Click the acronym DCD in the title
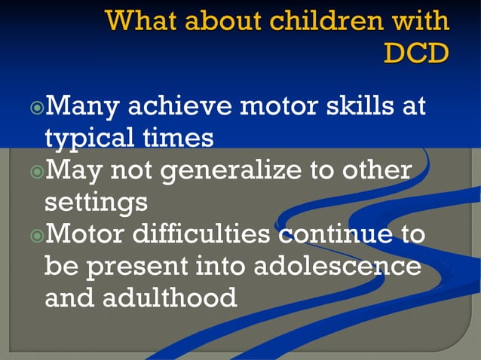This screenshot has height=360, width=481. pos(416,52)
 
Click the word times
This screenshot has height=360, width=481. pos(182,139)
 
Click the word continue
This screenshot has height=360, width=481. pos(331,235)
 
